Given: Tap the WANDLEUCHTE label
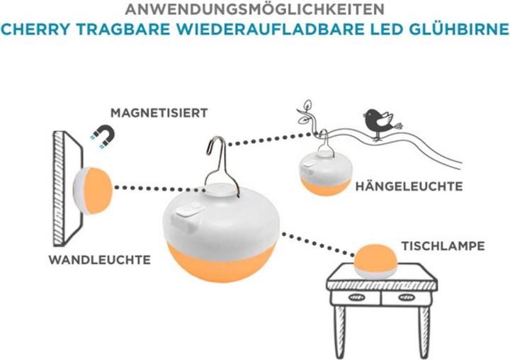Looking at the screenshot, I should (99, 260).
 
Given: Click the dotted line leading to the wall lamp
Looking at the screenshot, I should (149, 189).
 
